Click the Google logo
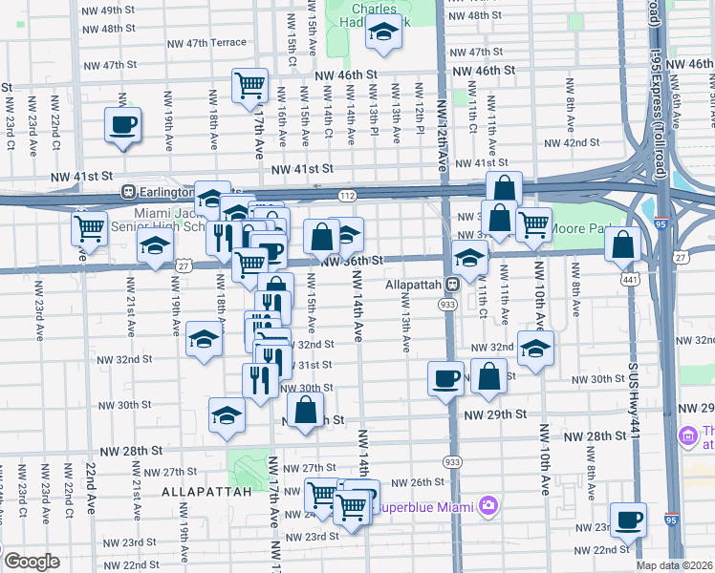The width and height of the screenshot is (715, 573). pyautogui.click(x=31, y=562)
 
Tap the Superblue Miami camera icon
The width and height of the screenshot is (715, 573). pyautogui.click(x=488, y=504)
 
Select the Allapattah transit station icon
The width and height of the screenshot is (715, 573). pyautogui.click(x=456, y=285)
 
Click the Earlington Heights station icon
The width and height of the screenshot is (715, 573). pyautogui.click(x=127, y=190)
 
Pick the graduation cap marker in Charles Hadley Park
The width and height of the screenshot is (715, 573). pyautogui.click(x=383, y=33)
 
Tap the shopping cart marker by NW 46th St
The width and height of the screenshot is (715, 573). pyautogui.click(x=249, y=84)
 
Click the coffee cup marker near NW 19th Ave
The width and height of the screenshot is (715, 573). pyautogui.click(x=123, y=124)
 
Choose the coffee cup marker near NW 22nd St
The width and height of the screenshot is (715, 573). pyautogui.click(x=627, y=519)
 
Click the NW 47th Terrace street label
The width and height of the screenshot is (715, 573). pyautogui.click(x=210, y=43)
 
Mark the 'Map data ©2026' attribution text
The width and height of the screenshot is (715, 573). pyautogui.click(x=675, y=565)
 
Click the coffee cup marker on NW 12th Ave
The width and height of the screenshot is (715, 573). pyautogui.click(x=445, y=378)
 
